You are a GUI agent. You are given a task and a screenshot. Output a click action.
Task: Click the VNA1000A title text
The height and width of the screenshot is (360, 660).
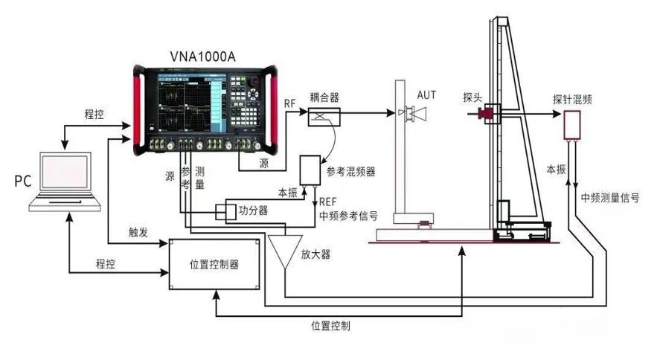[203, 57]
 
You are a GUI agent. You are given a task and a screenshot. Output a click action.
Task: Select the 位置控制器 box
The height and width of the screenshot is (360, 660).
[214, 265]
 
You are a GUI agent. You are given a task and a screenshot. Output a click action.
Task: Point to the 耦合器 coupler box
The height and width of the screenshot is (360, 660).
[324, 117]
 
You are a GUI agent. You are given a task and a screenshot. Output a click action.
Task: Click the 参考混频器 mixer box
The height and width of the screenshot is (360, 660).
[310, 170]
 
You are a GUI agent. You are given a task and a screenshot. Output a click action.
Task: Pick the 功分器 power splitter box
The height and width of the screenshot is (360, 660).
[226, 211]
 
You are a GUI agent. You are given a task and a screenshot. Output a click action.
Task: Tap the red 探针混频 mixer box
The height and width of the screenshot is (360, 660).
[572, 125]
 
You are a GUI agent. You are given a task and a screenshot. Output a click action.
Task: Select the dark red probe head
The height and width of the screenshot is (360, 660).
[486, 113]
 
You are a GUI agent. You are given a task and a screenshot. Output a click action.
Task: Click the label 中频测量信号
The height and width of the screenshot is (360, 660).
[610, 197]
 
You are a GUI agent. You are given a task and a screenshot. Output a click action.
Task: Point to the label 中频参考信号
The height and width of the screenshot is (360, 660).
[348, 216]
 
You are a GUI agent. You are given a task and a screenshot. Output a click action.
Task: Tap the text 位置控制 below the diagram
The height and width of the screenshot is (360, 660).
[330, 326]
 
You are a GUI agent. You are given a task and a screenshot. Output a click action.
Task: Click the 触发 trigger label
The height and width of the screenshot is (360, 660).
[138, 232]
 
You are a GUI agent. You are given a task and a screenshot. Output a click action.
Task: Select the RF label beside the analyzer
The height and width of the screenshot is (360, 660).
[289, 103]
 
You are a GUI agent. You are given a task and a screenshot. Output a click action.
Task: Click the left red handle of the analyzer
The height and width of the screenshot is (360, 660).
[137, 110]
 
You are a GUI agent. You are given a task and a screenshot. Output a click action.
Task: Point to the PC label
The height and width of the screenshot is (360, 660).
[23, 181]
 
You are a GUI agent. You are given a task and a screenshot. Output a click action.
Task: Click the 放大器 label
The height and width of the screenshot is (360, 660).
[315, 254]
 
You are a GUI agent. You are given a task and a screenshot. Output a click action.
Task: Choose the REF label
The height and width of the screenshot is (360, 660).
[327, 202]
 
